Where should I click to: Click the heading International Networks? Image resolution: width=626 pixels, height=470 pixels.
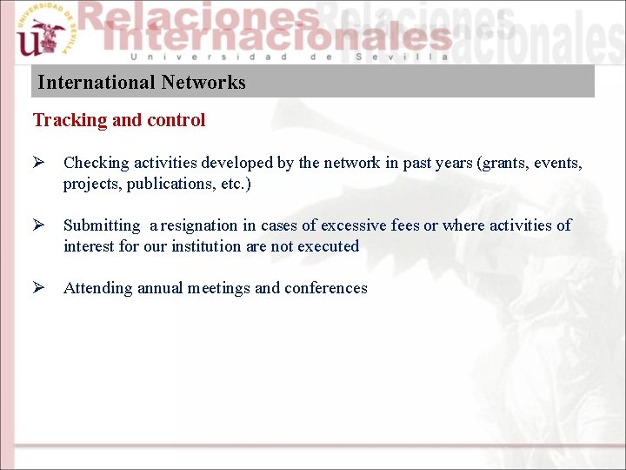tap(142, 83)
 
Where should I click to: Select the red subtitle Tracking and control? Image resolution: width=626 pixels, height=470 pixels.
tap(119, 120)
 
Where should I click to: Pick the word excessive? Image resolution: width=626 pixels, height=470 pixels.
tap(354, 225)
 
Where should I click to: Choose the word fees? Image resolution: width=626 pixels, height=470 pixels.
tap(405, 225)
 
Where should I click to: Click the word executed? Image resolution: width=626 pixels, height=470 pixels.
tap(329, 246)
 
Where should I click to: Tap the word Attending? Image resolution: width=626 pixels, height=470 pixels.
tap(98, 288)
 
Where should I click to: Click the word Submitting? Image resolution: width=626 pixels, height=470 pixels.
tap(102, 225)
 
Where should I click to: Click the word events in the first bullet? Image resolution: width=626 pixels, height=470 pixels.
tap(557, 163)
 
